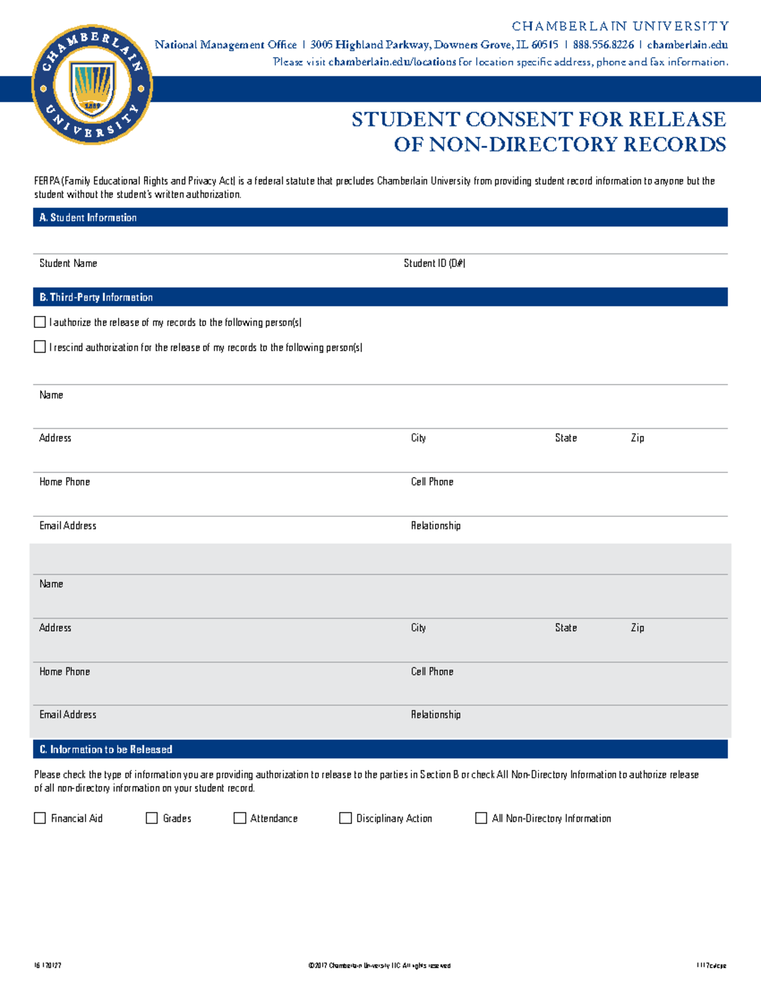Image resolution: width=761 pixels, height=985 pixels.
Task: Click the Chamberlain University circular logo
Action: (92, 85)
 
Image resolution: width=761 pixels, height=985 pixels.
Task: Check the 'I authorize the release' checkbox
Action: (40, 322)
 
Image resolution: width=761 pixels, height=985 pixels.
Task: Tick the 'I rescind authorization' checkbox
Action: (40, 347)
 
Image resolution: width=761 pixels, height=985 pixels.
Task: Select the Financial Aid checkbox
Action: (40, 818)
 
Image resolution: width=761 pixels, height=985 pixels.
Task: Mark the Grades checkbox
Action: (152, 818)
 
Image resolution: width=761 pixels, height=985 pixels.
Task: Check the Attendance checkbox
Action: (240, 818)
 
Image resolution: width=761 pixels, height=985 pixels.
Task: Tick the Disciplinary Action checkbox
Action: (346, 818)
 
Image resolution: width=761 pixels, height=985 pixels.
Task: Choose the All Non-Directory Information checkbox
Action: (481, 818)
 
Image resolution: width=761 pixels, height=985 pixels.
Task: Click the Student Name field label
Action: (68, 263)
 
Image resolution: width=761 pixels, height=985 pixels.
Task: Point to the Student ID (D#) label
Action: (434, 263)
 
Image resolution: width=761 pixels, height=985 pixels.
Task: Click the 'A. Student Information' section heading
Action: (88, 218)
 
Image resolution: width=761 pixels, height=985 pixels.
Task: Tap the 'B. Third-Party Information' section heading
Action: (96, 297)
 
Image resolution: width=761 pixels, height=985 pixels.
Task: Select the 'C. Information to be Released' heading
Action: (106, 749)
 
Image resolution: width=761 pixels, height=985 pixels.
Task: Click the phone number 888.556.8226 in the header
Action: (603, 44)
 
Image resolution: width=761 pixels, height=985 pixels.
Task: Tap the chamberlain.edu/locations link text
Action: (392, 62)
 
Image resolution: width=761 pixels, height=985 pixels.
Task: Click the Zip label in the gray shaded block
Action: (637, 627)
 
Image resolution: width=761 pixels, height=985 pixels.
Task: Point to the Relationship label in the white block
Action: (436, 525)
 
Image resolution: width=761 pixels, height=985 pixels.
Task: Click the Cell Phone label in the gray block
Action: (432, 671)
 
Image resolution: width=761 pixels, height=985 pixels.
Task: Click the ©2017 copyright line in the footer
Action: (379, 965)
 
